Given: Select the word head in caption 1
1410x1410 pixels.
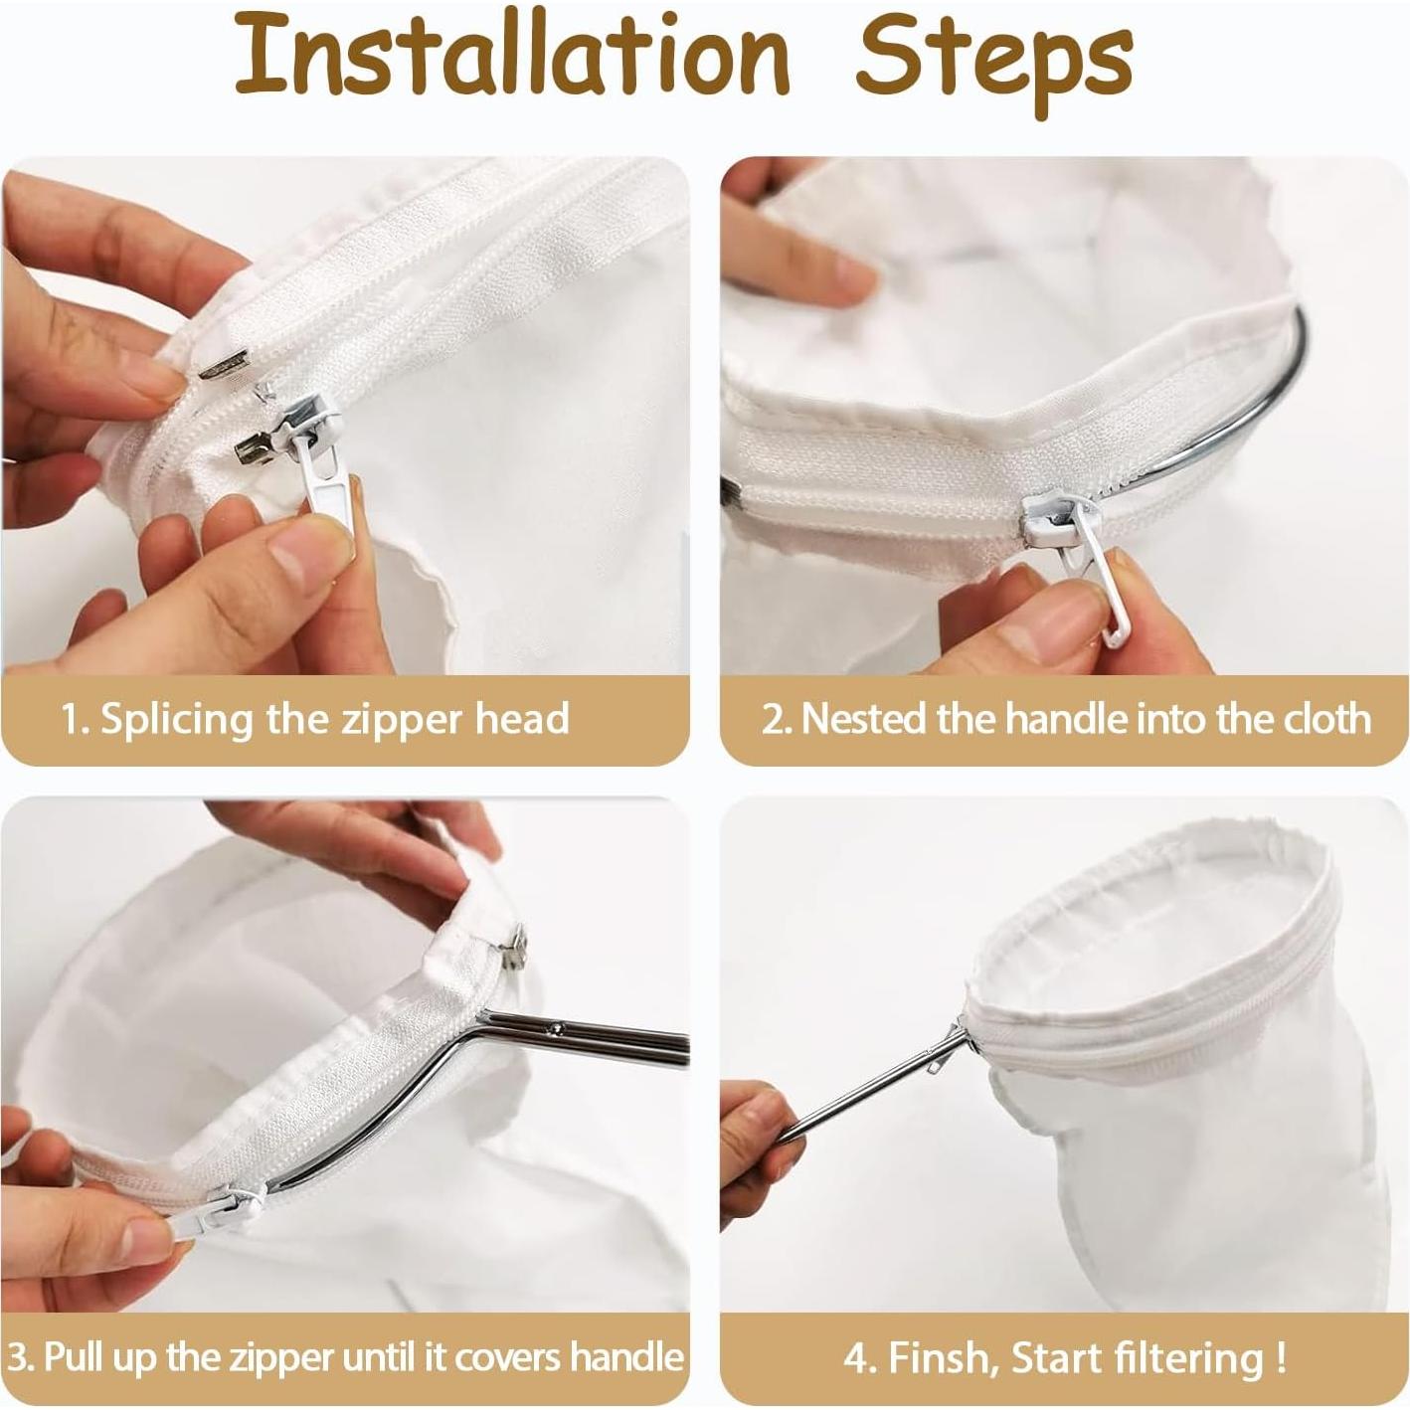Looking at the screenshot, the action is [522, 718].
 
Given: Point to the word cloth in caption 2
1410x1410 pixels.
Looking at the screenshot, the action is [1328, 719].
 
